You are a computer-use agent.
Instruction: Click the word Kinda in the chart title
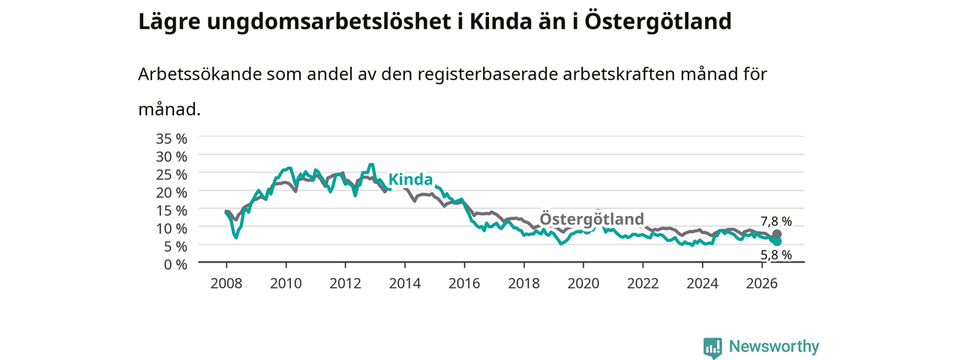tap(500, 22)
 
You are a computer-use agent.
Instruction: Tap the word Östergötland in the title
tap(658, 22)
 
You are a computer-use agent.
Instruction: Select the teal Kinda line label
tap(410, 179)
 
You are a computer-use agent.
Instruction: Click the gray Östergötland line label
tap(592, 218)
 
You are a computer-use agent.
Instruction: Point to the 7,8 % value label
tap(776, 221)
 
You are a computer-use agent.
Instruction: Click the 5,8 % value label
tap(776, 255)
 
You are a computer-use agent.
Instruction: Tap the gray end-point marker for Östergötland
tap(776, 234)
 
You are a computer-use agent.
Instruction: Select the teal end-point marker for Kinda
tap(776, 241)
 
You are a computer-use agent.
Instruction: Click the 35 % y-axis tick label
tap(172, 139)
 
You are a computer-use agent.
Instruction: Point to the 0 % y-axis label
tap(175, 265)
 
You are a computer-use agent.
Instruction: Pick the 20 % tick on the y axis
tap(172, 193)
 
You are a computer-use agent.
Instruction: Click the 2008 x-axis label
tap(226, 283)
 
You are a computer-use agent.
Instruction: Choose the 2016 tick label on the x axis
tap(464, 283)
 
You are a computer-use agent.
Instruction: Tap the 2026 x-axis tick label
tap(762, 283)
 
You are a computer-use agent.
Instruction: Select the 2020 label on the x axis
tap(583, 283)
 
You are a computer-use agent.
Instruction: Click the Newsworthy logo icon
tap(712, 347)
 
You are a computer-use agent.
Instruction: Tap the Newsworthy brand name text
tap(774, 346)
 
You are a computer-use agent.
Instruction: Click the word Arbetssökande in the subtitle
tap(199, 74)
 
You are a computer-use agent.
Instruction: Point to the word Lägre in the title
tap(169, 22)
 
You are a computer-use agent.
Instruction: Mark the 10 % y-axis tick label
tap(172, 229)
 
